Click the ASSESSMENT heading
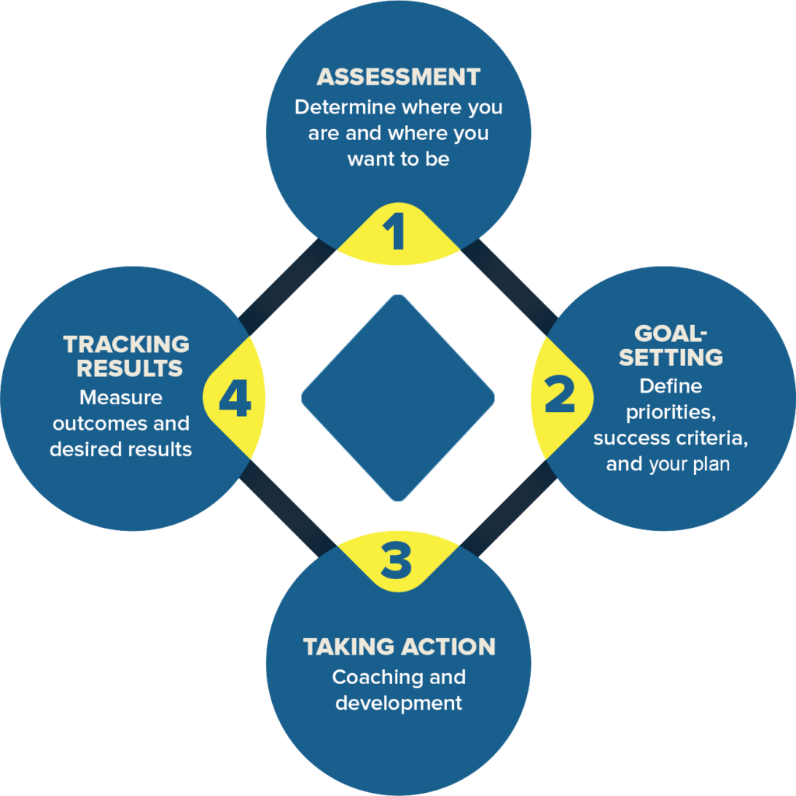(398, 77)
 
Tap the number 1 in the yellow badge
(397, 232)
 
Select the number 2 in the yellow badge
(559, 396)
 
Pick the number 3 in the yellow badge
(396, 560)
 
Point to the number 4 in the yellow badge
(234, 398)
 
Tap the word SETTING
(671, 358)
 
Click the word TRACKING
(126, 344)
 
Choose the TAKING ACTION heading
(399, 647)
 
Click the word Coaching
(365, 677)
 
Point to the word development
(398, 703)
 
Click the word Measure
(121, 397)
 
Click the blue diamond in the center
(398, 397)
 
